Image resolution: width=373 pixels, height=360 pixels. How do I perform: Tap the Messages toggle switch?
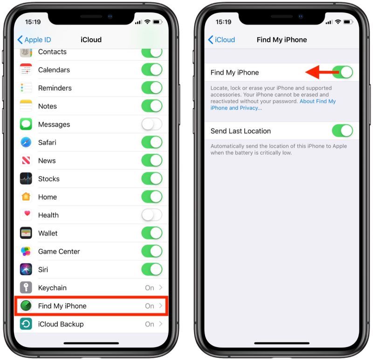(x=152, y=125)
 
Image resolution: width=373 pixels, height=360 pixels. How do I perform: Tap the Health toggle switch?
(x=152, y=215)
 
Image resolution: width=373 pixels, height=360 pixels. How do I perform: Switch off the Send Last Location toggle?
(x=342, y=131)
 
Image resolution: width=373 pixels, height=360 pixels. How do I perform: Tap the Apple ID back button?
(x=34, y=40)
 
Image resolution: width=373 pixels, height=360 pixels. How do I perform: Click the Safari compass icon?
(x=26, y=142)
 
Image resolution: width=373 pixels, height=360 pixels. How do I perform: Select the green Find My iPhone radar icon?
(x=26, y=306)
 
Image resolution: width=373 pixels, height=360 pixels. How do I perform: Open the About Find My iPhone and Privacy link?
(x=273, y=104)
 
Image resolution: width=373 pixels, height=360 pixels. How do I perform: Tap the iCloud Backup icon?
(x=26, y=324)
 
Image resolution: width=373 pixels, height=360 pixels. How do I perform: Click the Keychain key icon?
(x=26, y=288)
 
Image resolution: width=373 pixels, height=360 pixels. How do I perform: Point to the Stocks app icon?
(x=26, y=179)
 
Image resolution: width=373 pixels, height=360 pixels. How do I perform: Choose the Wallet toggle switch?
(x=152, y=233)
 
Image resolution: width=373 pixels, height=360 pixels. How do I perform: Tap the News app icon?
(x=26, y=160)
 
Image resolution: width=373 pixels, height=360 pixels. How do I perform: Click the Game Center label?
(x=59, y=251)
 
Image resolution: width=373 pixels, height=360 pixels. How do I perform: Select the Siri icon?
(x=26, y=270)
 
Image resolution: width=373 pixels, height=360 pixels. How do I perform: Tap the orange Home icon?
(x=26, y=197)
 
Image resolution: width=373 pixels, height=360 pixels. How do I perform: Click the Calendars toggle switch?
(x=152, y=70)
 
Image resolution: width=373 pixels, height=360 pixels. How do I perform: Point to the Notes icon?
(x=26, y=106)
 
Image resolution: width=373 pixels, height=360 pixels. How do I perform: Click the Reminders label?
(x=55, y=88)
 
